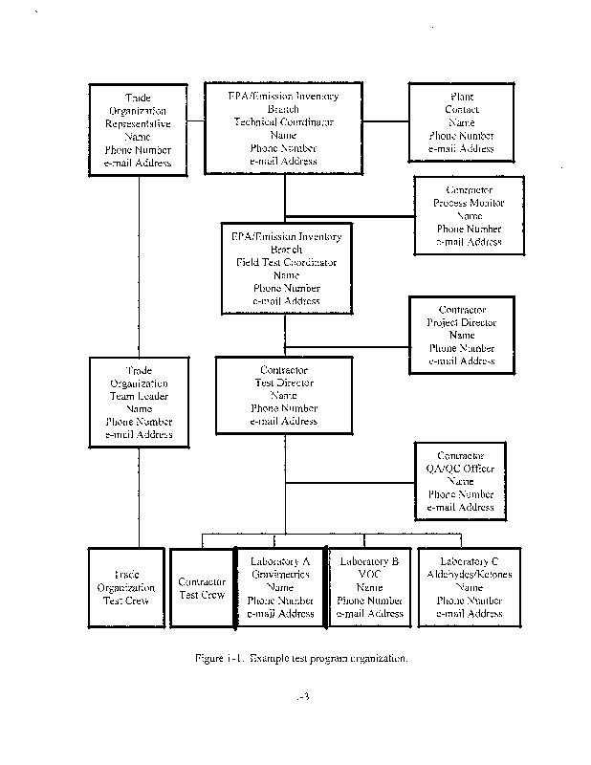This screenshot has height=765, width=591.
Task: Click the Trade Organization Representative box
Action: [x=138, y=130]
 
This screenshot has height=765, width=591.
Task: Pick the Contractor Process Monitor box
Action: [x=469, y=215]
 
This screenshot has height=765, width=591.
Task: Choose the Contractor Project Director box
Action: [x=462, y=335]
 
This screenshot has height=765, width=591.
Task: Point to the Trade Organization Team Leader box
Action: [x=140, y=402]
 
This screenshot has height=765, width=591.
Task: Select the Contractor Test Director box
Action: [x=284, y=394]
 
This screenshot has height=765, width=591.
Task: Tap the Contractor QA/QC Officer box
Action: [x=461, y=480]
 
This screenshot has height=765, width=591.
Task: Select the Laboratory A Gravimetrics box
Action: [x=280, y=586]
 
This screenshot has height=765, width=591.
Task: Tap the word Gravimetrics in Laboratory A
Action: [x=280, y=574]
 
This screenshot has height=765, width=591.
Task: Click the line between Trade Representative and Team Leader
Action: [x=140, y=266]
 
